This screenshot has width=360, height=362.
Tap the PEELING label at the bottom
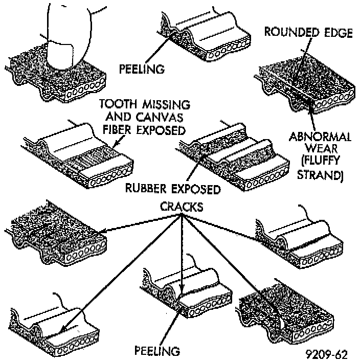[157, 351]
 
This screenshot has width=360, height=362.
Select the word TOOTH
[118, 105]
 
